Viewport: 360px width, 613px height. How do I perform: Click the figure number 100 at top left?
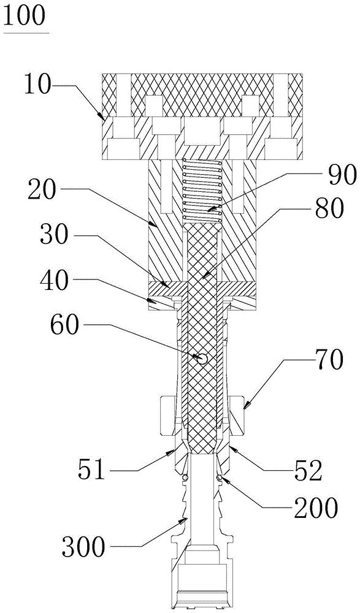pos(25,16)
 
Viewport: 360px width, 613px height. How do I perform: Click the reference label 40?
pos(54,281)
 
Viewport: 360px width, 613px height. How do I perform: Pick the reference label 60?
pos(64,326)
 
